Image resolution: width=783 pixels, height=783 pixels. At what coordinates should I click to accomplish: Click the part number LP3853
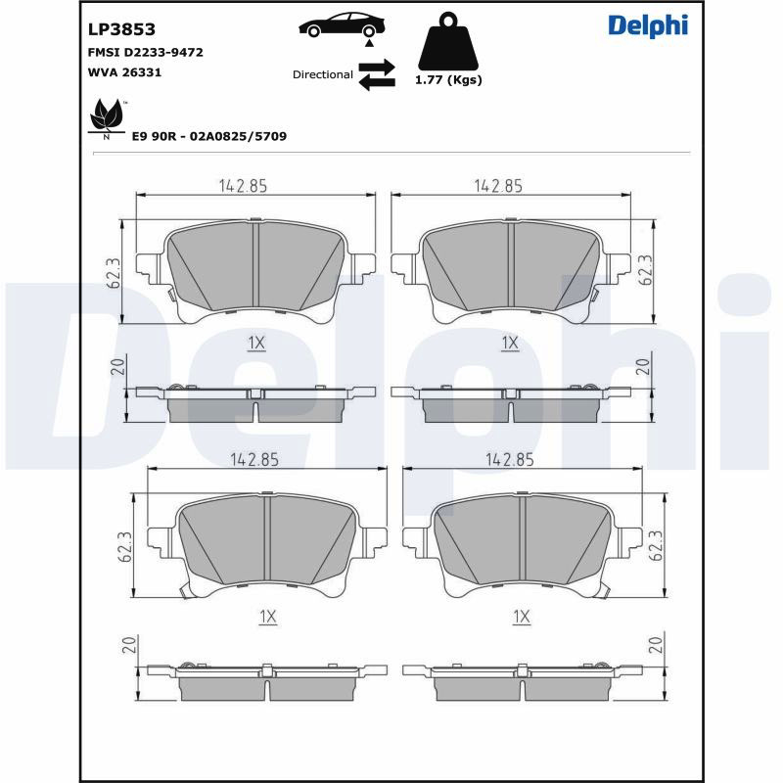121,29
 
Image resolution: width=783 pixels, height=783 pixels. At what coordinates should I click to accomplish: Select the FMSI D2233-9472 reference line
145,53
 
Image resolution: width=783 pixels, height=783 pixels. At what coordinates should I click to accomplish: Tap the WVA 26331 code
124,72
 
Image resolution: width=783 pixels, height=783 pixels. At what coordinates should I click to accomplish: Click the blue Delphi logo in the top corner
648,26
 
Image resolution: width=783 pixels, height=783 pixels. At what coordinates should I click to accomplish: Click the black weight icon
448,41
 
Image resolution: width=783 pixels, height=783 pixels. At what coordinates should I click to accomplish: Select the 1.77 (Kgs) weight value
448,80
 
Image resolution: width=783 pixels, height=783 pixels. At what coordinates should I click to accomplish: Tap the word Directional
323,74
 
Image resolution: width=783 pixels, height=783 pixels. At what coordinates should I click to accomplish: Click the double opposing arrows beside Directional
377,74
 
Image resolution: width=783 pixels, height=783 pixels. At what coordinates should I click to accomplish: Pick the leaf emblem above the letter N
107,115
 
